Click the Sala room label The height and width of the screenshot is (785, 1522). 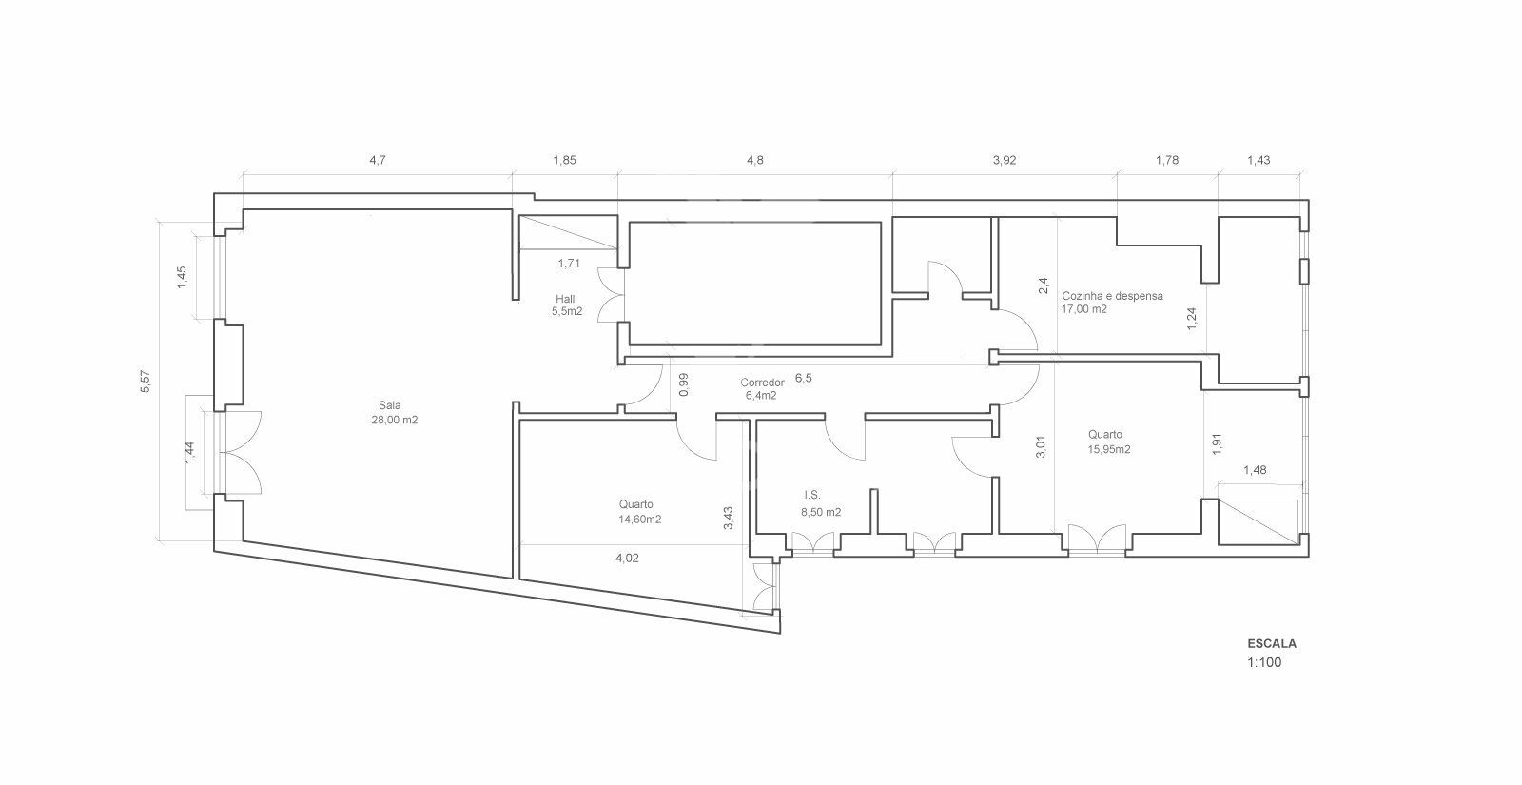(389, 405)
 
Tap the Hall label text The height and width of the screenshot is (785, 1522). (565, 299)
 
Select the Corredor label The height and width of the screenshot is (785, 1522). (762, 383)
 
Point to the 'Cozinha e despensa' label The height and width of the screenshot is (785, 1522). (1112, 296)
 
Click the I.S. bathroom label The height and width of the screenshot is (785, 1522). (812, 496)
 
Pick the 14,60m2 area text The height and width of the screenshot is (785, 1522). (639, 520)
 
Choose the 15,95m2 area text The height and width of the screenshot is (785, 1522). (1109, 449)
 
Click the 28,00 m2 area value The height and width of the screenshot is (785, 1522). (394, 420)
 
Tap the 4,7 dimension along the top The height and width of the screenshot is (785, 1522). (377, 161)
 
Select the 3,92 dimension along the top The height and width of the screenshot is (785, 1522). (1005, 161)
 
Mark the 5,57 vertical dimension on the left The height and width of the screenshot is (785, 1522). (146, 382)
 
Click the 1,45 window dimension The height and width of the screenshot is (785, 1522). (182, 277)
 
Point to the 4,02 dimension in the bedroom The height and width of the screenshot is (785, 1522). (627, 559)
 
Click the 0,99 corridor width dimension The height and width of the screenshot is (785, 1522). (684, 384)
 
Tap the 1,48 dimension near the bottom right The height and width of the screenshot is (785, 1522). (1255, 470)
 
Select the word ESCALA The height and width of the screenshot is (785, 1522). (1272, 643)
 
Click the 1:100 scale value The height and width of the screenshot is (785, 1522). (1264, 662)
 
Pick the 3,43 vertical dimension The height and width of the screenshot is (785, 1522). (729, 518)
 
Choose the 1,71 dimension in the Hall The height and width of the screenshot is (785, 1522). (569, 264)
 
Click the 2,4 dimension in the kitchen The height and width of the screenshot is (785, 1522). (1044, 285)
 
